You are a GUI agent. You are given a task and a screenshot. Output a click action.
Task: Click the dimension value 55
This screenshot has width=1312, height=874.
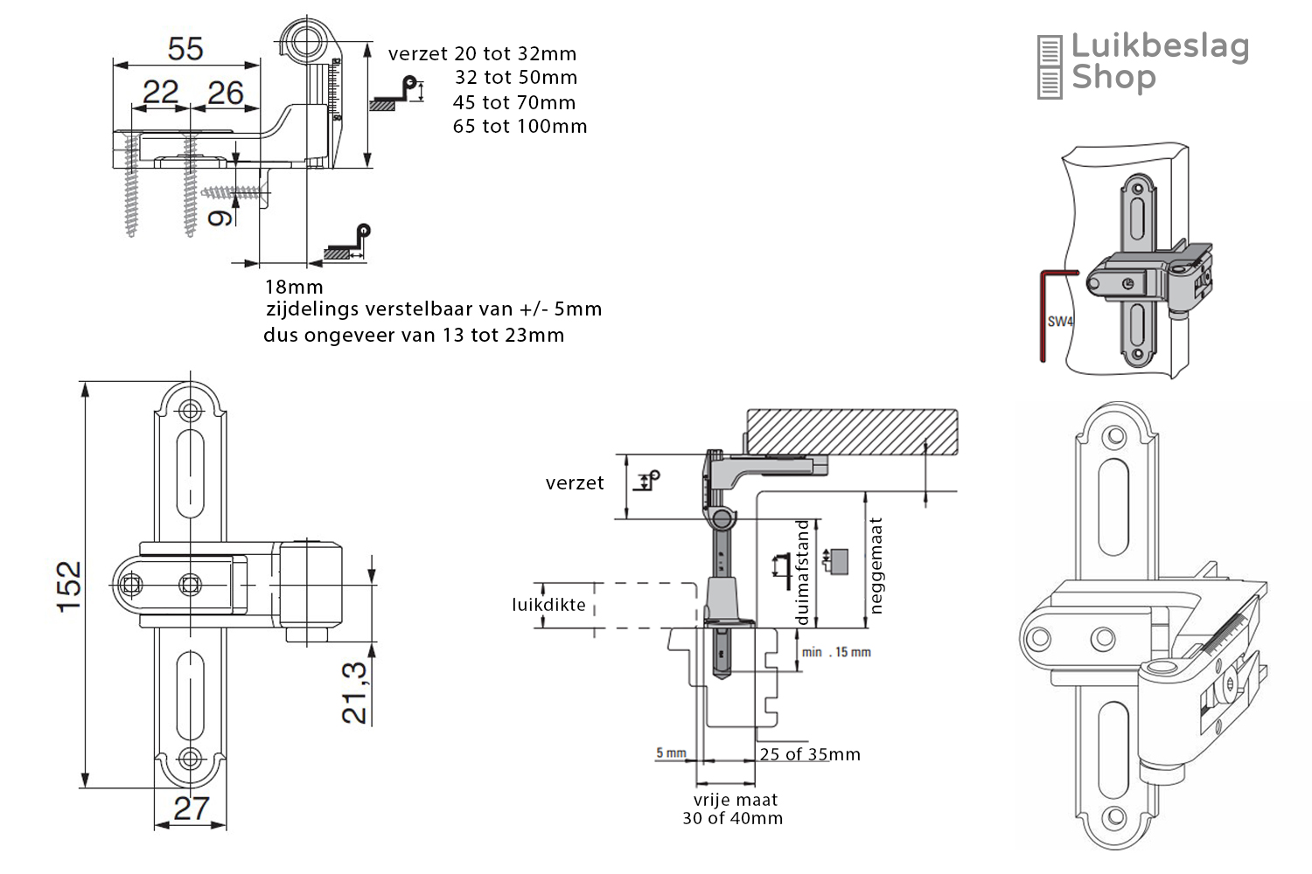pos(185,49)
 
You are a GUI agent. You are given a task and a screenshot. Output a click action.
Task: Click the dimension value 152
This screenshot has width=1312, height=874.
pos(69,586)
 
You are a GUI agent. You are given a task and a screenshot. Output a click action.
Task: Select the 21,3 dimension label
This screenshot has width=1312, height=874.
pos(354,692)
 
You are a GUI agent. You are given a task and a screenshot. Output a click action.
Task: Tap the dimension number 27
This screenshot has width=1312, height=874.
pos(191,808)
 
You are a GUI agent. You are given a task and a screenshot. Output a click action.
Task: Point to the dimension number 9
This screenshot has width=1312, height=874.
pos(220,217)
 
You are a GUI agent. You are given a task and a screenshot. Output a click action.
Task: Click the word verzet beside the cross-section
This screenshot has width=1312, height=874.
pos(575,483)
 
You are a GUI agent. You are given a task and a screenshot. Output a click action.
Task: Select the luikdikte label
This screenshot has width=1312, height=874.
pos(548,605)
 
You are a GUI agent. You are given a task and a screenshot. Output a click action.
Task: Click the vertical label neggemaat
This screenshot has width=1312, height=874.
pos(876,565)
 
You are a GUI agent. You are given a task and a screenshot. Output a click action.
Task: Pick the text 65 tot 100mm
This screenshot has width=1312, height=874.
pos(520,127)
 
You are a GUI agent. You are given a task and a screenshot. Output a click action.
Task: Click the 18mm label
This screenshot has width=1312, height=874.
pos(294,288)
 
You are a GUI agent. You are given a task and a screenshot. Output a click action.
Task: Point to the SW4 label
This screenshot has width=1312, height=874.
pos(1059,322)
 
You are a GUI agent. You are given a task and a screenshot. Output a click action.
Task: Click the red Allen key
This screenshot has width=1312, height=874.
pos(1043,315)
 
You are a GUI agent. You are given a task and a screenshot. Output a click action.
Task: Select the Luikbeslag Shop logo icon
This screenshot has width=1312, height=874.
pos(1049,67)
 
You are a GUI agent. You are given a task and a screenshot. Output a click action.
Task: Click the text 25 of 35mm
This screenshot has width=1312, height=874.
pos(810,754)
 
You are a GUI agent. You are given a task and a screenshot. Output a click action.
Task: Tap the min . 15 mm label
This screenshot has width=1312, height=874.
pos(836,652)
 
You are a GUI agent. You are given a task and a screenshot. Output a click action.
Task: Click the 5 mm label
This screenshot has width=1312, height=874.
pos(671,753)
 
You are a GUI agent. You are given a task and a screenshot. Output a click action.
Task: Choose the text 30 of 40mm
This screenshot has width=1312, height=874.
pos(733,819)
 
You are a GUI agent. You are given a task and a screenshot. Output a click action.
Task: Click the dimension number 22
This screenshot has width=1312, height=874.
pos(161,92)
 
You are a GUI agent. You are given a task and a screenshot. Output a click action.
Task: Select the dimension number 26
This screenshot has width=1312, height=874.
pos(226,93)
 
